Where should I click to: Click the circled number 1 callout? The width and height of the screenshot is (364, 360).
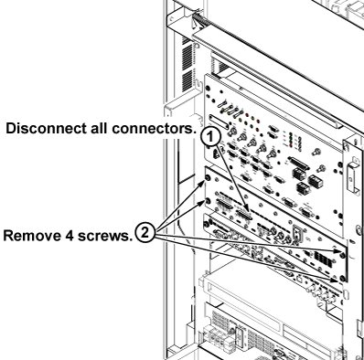click(210, 136)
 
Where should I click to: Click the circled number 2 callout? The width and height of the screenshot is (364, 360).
click(145, 233)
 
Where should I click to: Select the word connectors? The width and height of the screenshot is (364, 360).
click(154, 129)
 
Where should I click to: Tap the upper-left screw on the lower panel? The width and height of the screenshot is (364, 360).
click(208, 179)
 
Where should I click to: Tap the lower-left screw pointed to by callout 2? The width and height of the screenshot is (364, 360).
click(208, 201)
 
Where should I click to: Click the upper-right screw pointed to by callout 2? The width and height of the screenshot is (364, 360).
click(343, 255)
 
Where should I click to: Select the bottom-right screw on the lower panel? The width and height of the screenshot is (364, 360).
click(342, 278)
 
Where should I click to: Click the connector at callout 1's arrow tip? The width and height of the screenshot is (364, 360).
click(243, 216)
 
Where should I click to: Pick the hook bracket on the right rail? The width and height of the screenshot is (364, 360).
click(353, 175)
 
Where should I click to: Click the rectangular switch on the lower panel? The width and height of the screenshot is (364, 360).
click(295, 233)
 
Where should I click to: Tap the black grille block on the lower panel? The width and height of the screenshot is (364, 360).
click(322, 259)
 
